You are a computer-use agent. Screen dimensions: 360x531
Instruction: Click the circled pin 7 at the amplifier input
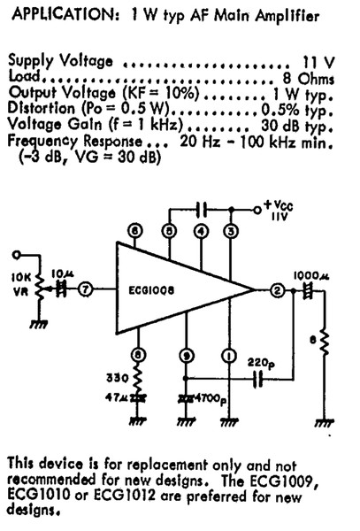coord(85,290)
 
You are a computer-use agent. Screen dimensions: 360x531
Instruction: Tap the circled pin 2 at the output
coord(277,290)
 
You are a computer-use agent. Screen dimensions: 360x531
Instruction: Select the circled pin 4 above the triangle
coord(201,231)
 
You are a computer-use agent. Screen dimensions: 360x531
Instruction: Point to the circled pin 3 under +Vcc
coord(231,231)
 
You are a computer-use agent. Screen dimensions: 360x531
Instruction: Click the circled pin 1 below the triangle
coord(229,356)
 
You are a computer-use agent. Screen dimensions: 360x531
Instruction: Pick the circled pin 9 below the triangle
coord(186,356)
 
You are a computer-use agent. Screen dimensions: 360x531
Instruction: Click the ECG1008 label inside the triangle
coord(151,290)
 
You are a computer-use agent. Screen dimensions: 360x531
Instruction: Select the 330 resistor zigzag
coord(137,379)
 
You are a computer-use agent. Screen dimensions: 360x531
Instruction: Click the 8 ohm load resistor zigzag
coord(324,342)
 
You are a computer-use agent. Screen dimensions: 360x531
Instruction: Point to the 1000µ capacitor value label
coord(311,275)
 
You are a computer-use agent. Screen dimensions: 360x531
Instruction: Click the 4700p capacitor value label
coord(211,399)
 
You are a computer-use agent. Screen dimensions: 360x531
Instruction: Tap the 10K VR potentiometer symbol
coord(41,288)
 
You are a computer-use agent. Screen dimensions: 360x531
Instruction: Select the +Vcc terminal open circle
coord(257,211)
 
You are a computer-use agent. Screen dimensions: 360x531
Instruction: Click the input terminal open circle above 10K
coord(16,255)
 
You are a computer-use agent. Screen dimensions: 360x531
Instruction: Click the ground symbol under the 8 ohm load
coord(325,422)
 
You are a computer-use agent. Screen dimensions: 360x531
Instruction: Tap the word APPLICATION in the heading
coord(66,15)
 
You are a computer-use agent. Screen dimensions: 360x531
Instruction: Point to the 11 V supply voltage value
coord(318,62)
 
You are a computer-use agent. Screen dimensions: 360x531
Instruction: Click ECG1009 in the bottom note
coord(282,481)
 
